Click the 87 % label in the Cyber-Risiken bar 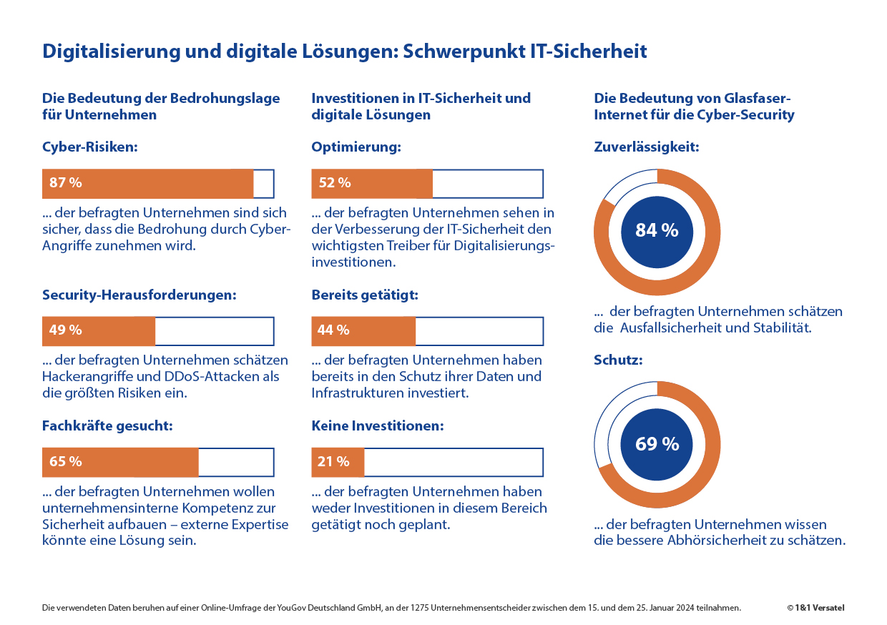66,183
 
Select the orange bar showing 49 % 99,330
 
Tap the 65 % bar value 66,462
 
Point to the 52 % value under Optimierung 335,183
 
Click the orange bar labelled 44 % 363,330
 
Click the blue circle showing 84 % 657,230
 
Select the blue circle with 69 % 657,444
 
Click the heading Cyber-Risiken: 89,147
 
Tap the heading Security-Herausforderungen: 139,295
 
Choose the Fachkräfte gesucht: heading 107,425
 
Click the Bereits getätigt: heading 365,295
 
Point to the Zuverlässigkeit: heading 646,147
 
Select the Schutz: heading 618,360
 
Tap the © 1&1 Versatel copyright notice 815,608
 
